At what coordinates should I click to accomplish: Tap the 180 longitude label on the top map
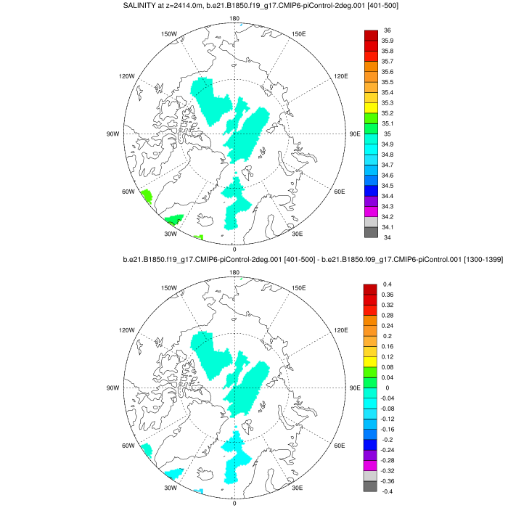click(x=234, y=18)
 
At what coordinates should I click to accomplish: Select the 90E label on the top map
click(x=355, y=134)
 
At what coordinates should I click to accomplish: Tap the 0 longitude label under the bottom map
click(x=234, y=503)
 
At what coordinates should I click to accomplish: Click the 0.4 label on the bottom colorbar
click(x=388, y=284)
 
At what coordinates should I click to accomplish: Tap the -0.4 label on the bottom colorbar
click(x=389, y=491)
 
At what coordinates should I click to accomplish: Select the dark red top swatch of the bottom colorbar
click(x=370, y=290)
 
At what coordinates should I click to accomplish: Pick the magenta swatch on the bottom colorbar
click(x=370, y=465)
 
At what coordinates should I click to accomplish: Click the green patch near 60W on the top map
click(x=145, y=196)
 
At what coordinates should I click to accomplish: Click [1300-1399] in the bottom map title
click(x=480, y=260)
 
